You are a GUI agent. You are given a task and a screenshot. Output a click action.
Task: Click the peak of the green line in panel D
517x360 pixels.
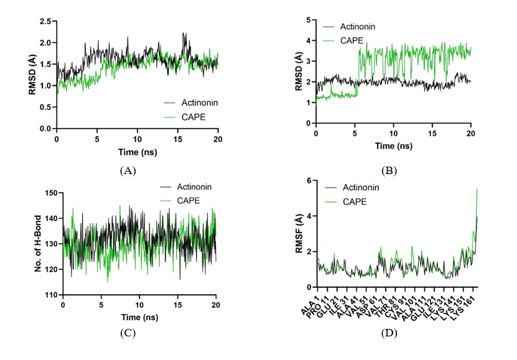coord(477,190)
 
